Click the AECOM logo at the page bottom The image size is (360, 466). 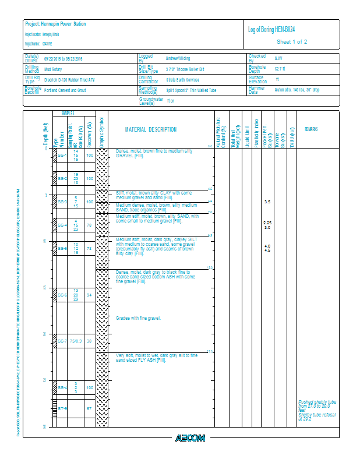pos(190,438)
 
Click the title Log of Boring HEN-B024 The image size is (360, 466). pos(275,30)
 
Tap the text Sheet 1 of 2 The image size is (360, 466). pos(291,42)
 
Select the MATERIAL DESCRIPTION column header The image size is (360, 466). pos(151,129)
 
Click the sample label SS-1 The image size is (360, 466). pos(62,156)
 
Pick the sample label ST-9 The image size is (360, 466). pos(62,408)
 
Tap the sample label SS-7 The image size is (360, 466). pos(62,341)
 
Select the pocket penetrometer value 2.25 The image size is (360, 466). pos(267,223)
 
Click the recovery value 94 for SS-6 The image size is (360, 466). pos(89,295)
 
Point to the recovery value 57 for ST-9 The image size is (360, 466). pos(89,408)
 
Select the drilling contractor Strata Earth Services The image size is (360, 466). pos(182,80)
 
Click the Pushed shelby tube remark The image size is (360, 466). pos(317,401)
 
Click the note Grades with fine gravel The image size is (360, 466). pos(137,318)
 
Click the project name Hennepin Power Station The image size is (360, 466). pos(63,24)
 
